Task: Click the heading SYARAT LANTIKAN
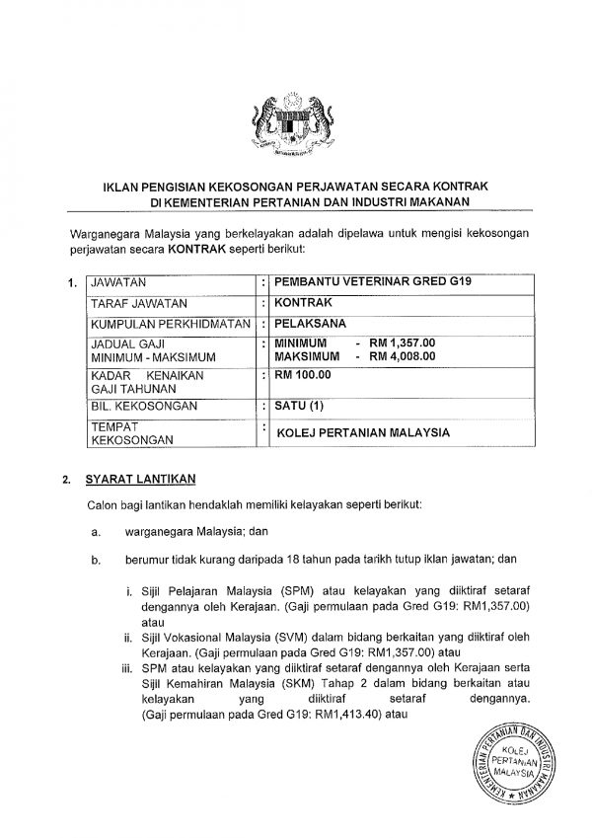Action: [141, 479]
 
